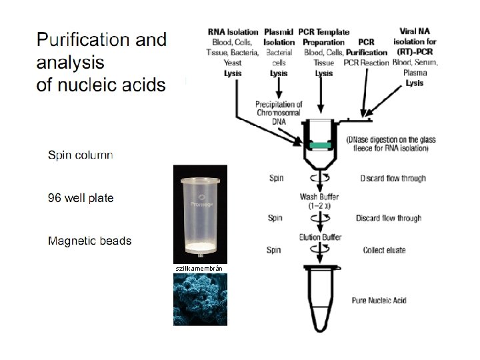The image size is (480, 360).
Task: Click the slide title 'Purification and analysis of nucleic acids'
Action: (101, 62)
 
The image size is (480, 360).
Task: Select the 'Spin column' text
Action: (80, 155)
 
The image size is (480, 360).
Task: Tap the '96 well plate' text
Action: (80, 198)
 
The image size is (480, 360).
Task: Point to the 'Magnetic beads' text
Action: (89, 241)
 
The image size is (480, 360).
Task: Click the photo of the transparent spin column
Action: (200, 213)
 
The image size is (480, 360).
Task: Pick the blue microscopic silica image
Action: (200, 299)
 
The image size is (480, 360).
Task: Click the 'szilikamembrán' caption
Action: (199, 268)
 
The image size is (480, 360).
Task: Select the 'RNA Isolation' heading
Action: (233, 31)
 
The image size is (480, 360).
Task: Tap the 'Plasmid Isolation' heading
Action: (279, 37)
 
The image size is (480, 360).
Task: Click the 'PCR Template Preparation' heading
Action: (323, 37)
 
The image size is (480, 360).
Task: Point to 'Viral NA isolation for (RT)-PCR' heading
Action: (418, 41)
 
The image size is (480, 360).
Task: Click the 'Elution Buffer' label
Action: (321, 237)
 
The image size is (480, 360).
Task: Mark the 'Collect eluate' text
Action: (384, 251)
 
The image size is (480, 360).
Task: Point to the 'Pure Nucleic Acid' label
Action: (379, 301)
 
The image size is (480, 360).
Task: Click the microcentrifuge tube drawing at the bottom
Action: (321, 297)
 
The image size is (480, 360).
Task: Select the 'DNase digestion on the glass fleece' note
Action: (391, 144)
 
